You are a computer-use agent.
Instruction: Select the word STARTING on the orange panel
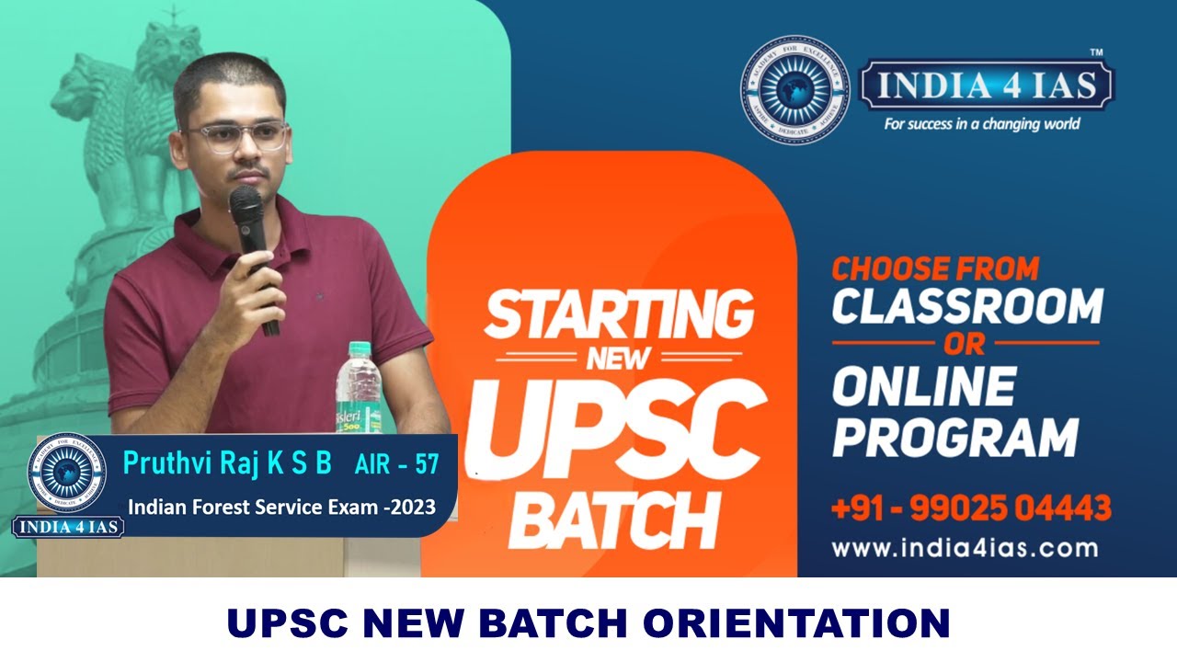pyautogui.click(x=618, y=314)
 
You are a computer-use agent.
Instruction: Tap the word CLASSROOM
pyautogui.click(x=966, y=306)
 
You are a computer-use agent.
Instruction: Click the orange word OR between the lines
pyautogui.click(x=965, y=344)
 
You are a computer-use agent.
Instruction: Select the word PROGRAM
pyautogui.click(x=955, y=437)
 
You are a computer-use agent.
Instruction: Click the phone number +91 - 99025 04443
pyautogui.click(x=971, y=508)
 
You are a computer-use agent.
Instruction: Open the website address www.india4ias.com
pyautogui.click(x=965, y=549)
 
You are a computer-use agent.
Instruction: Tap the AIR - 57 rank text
pyautogui.click(x=396, y=465)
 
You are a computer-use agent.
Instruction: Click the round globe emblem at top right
pyautogui.click(x=794, y=89)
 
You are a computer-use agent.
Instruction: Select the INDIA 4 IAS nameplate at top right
pyautogui.click(x=986, y=86)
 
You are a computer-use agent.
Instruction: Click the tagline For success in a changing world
pyautogui.click(x=981, y=123)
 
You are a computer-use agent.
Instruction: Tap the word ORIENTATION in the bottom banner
pyautogui.click(x=795, y=623)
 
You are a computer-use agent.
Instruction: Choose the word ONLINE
pyautogui.click(x=924, y=386)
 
